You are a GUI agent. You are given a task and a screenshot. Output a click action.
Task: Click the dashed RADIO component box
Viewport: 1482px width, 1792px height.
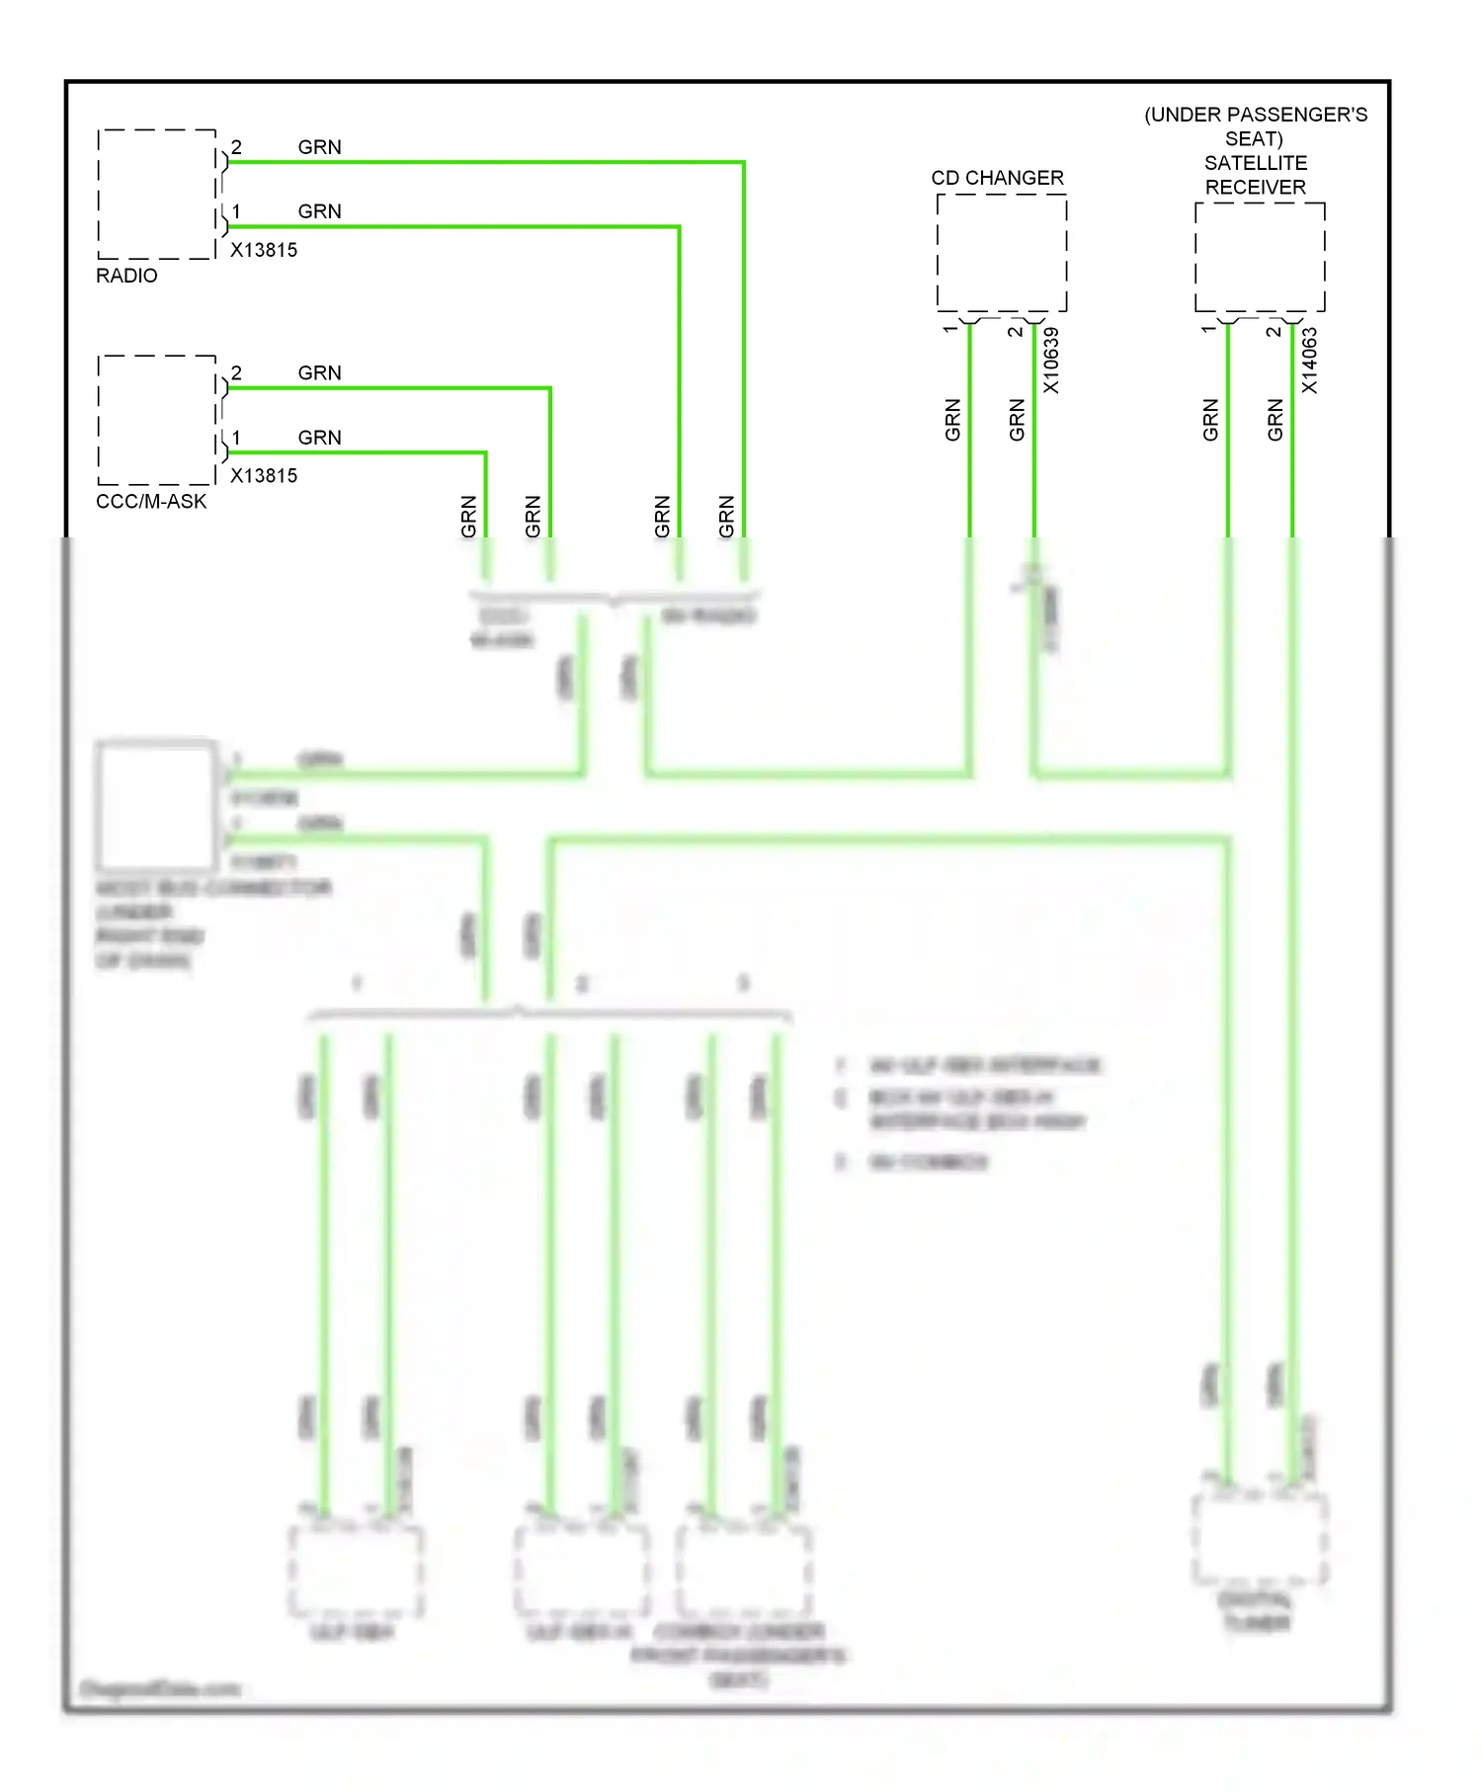coord(156,194)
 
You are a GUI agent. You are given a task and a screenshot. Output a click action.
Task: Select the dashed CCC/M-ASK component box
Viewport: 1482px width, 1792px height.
coord(156,420)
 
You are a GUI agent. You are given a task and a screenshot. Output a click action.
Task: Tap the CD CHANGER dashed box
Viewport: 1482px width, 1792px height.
coord(1001,253)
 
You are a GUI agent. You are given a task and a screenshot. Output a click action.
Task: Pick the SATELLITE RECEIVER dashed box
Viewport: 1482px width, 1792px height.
coord(1259,257)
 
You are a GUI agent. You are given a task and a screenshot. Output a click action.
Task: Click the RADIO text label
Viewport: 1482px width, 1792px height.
coord(126,276)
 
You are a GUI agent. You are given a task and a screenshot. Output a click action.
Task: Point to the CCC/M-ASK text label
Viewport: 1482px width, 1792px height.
coord(151,502)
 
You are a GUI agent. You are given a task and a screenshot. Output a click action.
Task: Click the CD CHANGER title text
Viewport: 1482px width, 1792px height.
coord(997,178)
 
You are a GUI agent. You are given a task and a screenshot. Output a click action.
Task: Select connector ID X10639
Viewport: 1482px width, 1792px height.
coord(1051,361)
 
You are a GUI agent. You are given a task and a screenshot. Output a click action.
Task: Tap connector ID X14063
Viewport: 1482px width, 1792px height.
coord(1309,361)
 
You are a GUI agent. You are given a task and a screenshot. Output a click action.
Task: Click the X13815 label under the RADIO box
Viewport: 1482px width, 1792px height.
coord(264,250)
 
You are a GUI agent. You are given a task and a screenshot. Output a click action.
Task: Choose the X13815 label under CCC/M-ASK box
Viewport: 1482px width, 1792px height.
coord(264,476)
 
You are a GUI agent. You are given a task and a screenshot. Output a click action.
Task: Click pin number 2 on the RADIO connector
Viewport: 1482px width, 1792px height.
coord(236,147)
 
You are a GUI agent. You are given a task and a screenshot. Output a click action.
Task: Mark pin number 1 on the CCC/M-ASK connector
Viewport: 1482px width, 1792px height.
coord(236,438)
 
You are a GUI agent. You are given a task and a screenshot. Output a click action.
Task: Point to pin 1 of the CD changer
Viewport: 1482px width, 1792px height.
coord(950,329)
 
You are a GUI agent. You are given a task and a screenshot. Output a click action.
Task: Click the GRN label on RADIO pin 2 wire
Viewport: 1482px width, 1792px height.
coord(319,147)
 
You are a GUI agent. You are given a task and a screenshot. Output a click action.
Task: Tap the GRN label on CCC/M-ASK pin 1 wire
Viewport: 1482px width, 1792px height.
coord(319,438)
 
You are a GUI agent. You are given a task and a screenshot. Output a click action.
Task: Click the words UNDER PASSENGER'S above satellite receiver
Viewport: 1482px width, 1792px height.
coord(1256,115)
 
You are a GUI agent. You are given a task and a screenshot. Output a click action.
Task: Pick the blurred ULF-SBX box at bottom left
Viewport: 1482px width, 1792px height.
coord(356,1571)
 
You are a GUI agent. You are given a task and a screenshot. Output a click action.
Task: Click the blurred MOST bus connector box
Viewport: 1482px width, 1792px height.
coord(156,805)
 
